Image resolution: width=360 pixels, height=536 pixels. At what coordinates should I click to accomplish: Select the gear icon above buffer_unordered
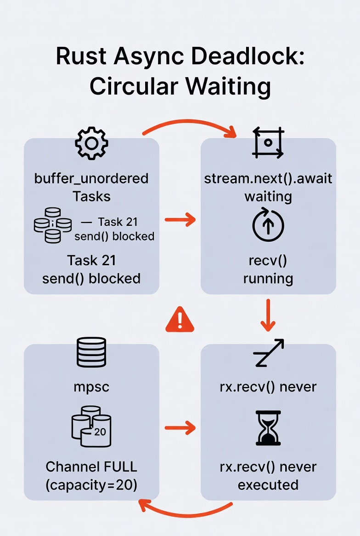pos(91,144)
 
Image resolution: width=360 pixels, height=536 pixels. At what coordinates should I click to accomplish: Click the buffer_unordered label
pos(91,178)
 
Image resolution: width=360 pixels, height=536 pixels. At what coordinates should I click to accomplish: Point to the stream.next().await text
pos(268,178)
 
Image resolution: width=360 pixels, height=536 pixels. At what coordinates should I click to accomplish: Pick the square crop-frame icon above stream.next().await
pos(268,143)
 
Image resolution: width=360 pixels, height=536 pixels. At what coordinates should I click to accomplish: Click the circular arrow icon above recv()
pos(268,226)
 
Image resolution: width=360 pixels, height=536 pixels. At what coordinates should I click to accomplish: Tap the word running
pos(268,278)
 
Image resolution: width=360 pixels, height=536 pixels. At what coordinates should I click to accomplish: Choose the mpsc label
pos(91,387)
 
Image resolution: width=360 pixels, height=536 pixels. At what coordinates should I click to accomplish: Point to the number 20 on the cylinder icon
pos(100,431)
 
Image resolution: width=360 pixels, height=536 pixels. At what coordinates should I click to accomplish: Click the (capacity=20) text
pos(91,485)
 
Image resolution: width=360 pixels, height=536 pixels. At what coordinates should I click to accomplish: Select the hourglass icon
pos(268,429)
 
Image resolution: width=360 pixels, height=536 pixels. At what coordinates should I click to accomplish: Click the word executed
pos(268,485)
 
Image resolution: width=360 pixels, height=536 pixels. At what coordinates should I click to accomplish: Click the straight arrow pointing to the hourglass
pos(180,429)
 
